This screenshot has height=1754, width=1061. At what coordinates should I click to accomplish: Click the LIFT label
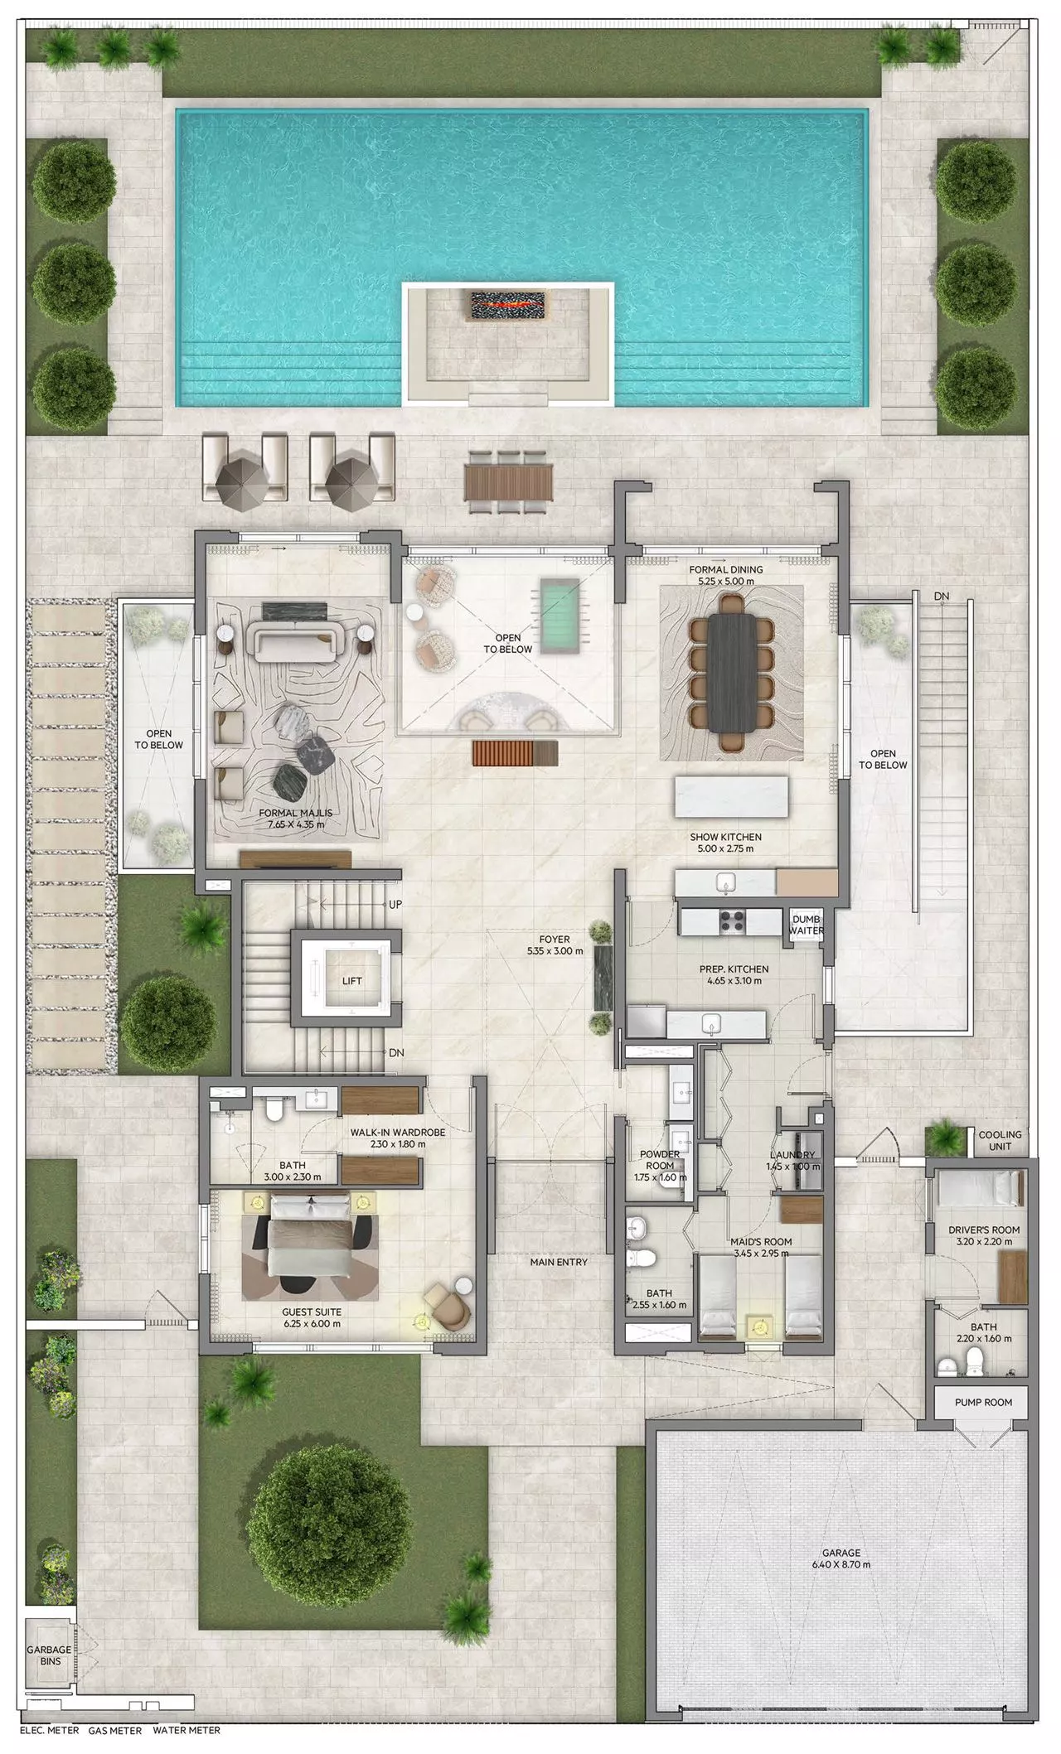click(352, 981)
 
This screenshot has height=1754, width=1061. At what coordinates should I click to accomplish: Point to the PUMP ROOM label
click(982, 1403)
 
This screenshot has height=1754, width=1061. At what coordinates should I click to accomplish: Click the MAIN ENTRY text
click(559, 1262)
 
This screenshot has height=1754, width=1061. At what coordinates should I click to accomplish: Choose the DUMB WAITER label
click(806, 925)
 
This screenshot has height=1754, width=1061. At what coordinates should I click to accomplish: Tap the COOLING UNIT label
click(1000, 1140)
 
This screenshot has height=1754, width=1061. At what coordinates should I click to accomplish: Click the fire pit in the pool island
click(508, 304)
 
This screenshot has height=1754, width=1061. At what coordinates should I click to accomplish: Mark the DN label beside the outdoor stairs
click(941, 596)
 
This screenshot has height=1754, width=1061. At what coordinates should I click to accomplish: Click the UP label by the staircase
click(395, 905)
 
